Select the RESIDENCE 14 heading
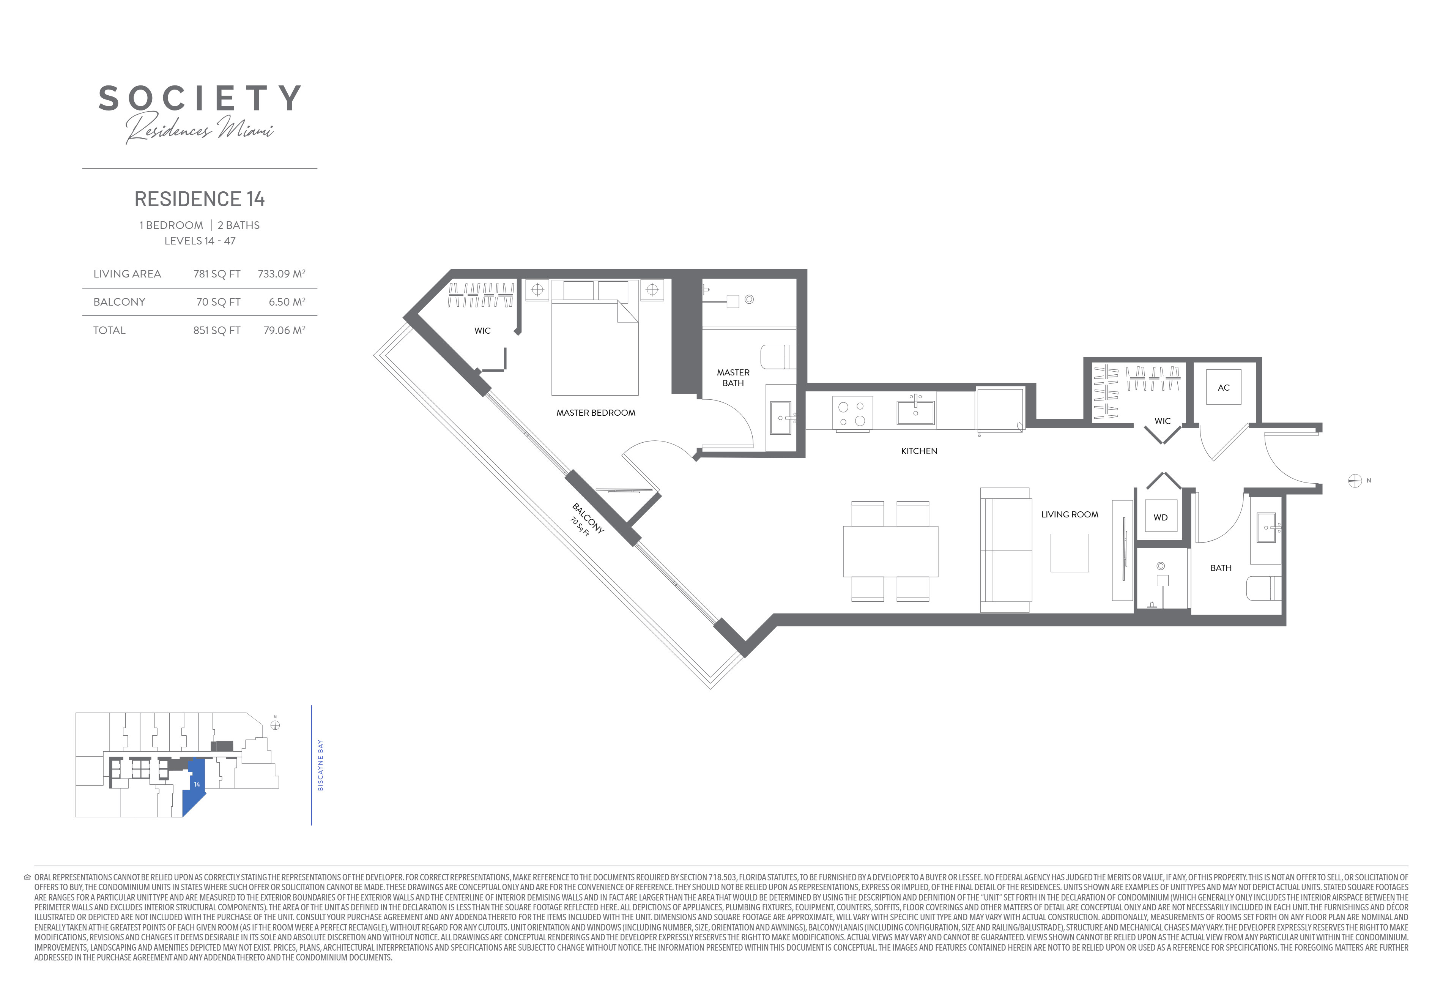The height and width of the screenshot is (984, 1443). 199,199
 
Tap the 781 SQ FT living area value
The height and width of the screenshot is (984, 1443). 217,274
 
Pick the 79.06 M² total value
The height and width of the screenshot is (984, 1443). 284,331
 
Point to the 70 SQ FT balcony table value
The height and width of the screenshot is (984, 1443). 218,302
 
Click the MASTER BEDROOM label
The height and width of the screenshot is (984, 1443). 595,413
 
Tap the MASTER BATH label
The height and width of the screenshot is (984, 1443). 733,378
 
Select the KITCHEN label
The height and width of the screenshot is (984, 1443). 919,451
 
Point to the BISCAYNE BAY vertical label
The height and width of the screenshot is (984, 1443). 320,765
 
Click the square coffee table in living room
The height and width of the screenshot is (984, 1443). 1069,553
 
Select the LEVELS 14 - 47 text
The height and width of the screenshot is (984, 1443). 200,241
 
